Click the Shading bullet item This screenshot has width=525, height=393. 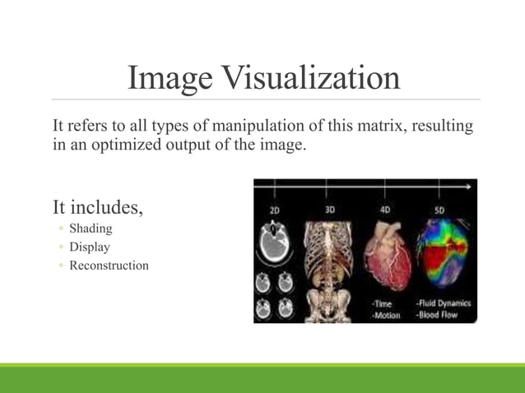coord(91,228)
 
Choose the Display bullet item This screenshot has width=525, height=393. coord(89,247)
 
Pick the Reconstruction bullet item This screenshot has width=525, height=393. coord(109,266)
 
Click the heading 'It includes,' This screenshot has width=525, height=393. coord(97,206)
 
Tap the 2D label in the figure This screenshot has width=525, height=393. coord(276,210)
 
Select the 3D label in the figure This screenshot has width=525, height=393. coord(330,210)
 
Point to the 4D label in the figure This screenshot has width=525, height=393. coord(385,210)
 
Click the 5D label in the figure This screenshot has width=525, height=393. coord(439,210)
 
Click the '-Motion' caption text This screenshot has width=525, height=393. coord(386,315)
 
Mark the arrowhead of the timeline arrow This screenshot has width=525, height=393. coord(472,187)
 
